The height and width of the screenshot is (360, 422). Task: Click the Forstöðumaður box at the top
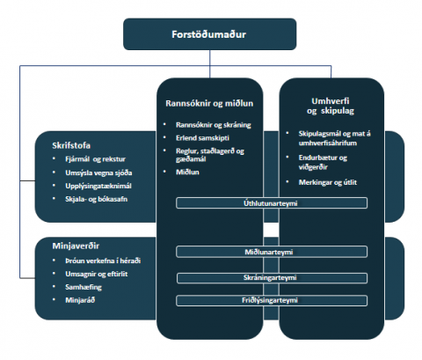pyautogui.click(x=209, y=34)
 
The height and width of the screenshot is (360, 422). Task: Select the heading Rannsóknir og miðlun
pyautogui.click(x=209, y=103)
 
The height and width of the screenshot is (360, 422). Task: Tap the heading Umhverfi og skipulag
pyautogui.click(x=331, y=106)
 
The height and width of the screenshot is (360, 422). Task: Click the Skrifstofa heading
pyautogui.click(x=71, y=145)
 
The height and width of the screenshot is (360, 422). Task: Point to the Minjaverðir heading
pyautogui.click(x=76, y=246)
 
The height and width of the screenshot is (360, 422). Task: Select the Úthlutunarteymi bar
pyautogui.click(x=272, y=203)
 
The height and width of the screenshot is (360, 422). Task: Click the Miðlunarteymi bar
pyautogui.click(x=272, y=252)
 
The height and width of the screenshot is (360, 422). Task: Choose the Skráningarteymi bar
pyautogui.click(x=272, y=278)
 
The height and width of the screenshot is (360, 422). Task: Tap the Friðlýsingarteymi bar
pyautogui.click(x=272, y=300)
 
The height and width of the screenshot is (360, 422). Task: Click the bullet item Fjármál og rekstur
pyautogui.click(x=95, y=159)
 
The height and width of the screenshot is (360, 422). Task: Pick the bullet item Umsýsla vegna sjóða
pyautogui.click(x=98, y=173)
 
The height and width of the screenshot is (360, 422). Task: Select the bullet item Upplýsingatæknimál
pyautogui.click(x=98, y=186)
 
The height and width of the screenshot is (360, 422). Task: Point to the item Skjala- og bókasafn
pyautogui.click(x=96, y=199)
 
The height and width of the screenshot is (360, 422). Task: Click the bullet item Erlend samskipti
pyautogui.click(x=202, y=138)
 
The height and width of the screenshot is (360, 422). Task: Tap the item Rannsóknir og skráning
pyautogui.click(x=214, y=125)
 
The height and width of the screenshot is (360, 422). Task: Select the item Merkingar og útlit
pyautogui.click(x=328, y=182)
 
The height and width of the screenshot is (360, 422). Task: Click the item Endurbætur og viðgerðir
pyautogui.click(x=323, y=162)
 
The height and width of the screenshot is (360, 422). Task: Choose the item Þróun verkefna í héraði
pyautogui.click(x=103, y=261)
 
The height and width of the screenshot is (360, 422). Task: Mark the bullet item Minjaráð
pyautogui.click(x=80, y=300)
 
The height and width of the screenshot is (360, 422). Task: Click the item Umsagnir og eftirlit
pyautogui.click(x=97, y=274)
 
